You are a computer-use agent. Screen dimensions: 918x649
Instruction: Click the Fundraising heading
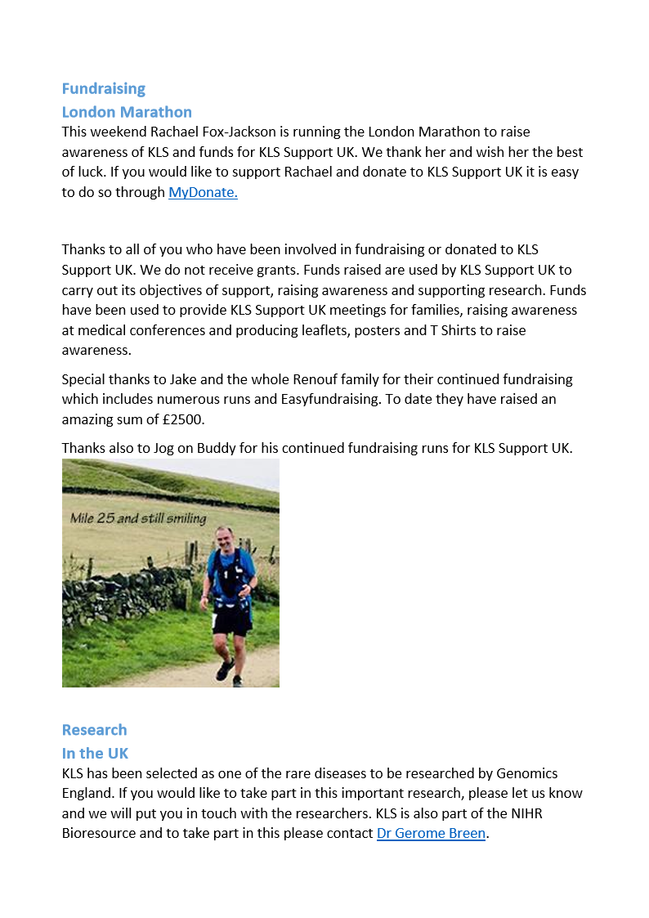[x=104, y=88]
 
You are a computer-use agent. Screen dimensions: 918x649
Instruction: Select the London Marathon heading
[x=127, y=112]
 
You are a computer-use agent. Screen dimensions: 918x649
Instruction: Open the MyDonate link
[x=203, y=193]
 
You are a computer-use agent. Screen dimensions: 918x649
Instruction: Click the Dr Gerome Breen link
[x=431, y=834]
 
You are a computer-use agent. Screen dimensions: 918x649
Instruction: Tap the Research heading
[x=94, y=730]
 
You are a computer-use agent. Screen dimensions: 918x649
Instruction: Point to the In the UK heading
[x=95, y=753]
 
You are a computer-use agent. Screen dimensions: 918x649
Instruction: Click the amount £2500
[x=182, y=419]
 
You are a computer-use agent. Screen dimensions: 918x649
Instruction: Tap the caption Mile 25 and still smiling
[x=138, y=518]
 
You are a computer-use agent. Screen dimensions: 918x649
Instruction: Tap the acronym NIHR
[x=563, y=813]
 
